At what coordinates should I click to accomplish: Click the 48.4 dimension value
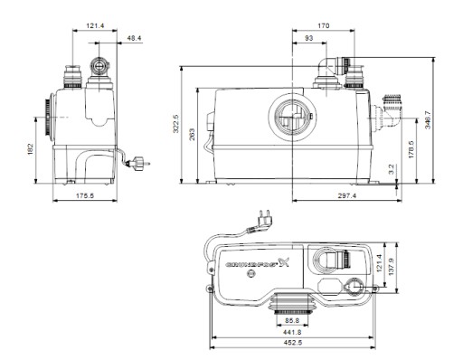(134, 38)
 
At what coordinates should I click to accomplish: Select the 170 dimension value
(324, 26)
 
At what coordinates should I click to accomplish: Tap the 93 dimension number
(309, 38)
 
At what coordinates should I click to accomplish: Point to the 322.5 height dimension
(176, 123)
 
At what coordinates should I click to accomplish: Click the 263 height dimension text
(192, 135)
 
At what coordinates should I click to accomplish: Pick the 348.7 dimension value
(428, 120)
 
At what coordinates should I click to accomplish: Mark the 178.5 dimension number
(411, 149)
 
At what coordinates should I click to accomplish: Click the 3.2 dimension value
(392, 169)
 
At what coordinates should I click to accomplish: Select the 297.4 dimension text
(347, 196)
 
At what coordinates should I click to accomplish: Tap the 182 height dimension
(30, 149)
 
